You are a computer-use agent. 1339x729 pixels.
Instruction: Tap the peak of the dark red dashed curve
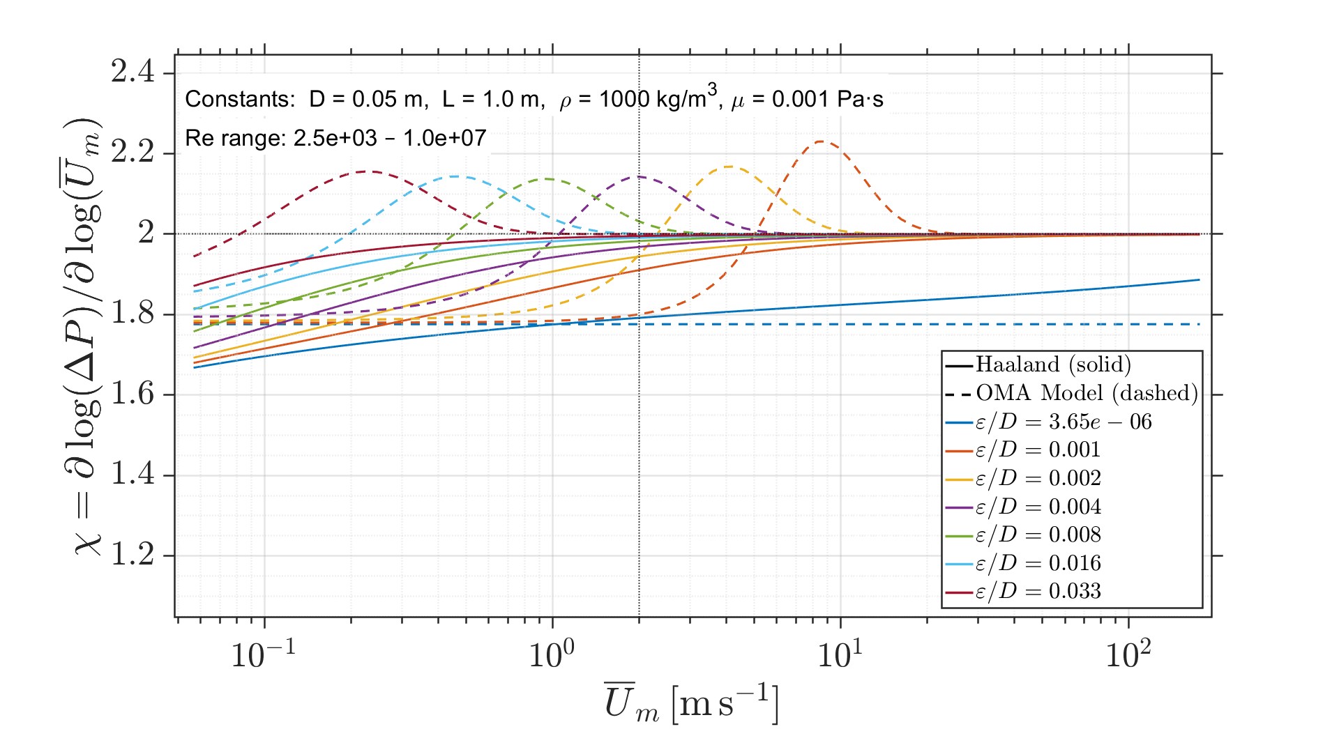click(366, 171)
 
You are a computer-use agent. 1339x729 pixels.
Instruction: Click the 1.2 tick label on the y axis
click(133, 555)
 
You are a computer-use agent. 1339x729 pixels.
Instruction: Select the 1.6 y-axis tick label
click(133, 394)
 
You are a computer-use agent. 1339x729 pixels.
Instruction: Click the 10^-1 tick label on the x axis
click(263, 654)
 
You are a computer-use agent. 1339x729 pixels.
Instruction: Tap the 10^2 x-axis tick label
click(1128, 654)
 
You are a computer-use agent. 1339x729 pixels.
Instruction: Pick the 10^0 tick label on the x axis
click(552, 654)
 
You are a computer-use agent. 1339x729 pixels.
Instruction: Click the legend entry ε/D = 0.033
click(1038, 592)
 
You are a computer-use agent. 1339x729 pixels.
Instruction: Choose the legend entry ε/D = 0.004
click(1038, 507)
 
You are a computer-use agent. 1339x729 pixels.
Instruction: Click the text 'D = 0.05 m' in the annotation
click(366, 100)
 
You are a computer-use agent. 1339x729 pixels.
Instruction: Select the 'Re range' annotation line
click(335, 138)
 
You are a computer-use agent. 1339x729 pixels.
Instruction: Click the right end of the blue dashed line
click(1199, 324)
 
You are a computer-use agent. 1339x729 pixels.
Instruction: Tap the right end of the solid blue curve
click(1199, 279)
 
